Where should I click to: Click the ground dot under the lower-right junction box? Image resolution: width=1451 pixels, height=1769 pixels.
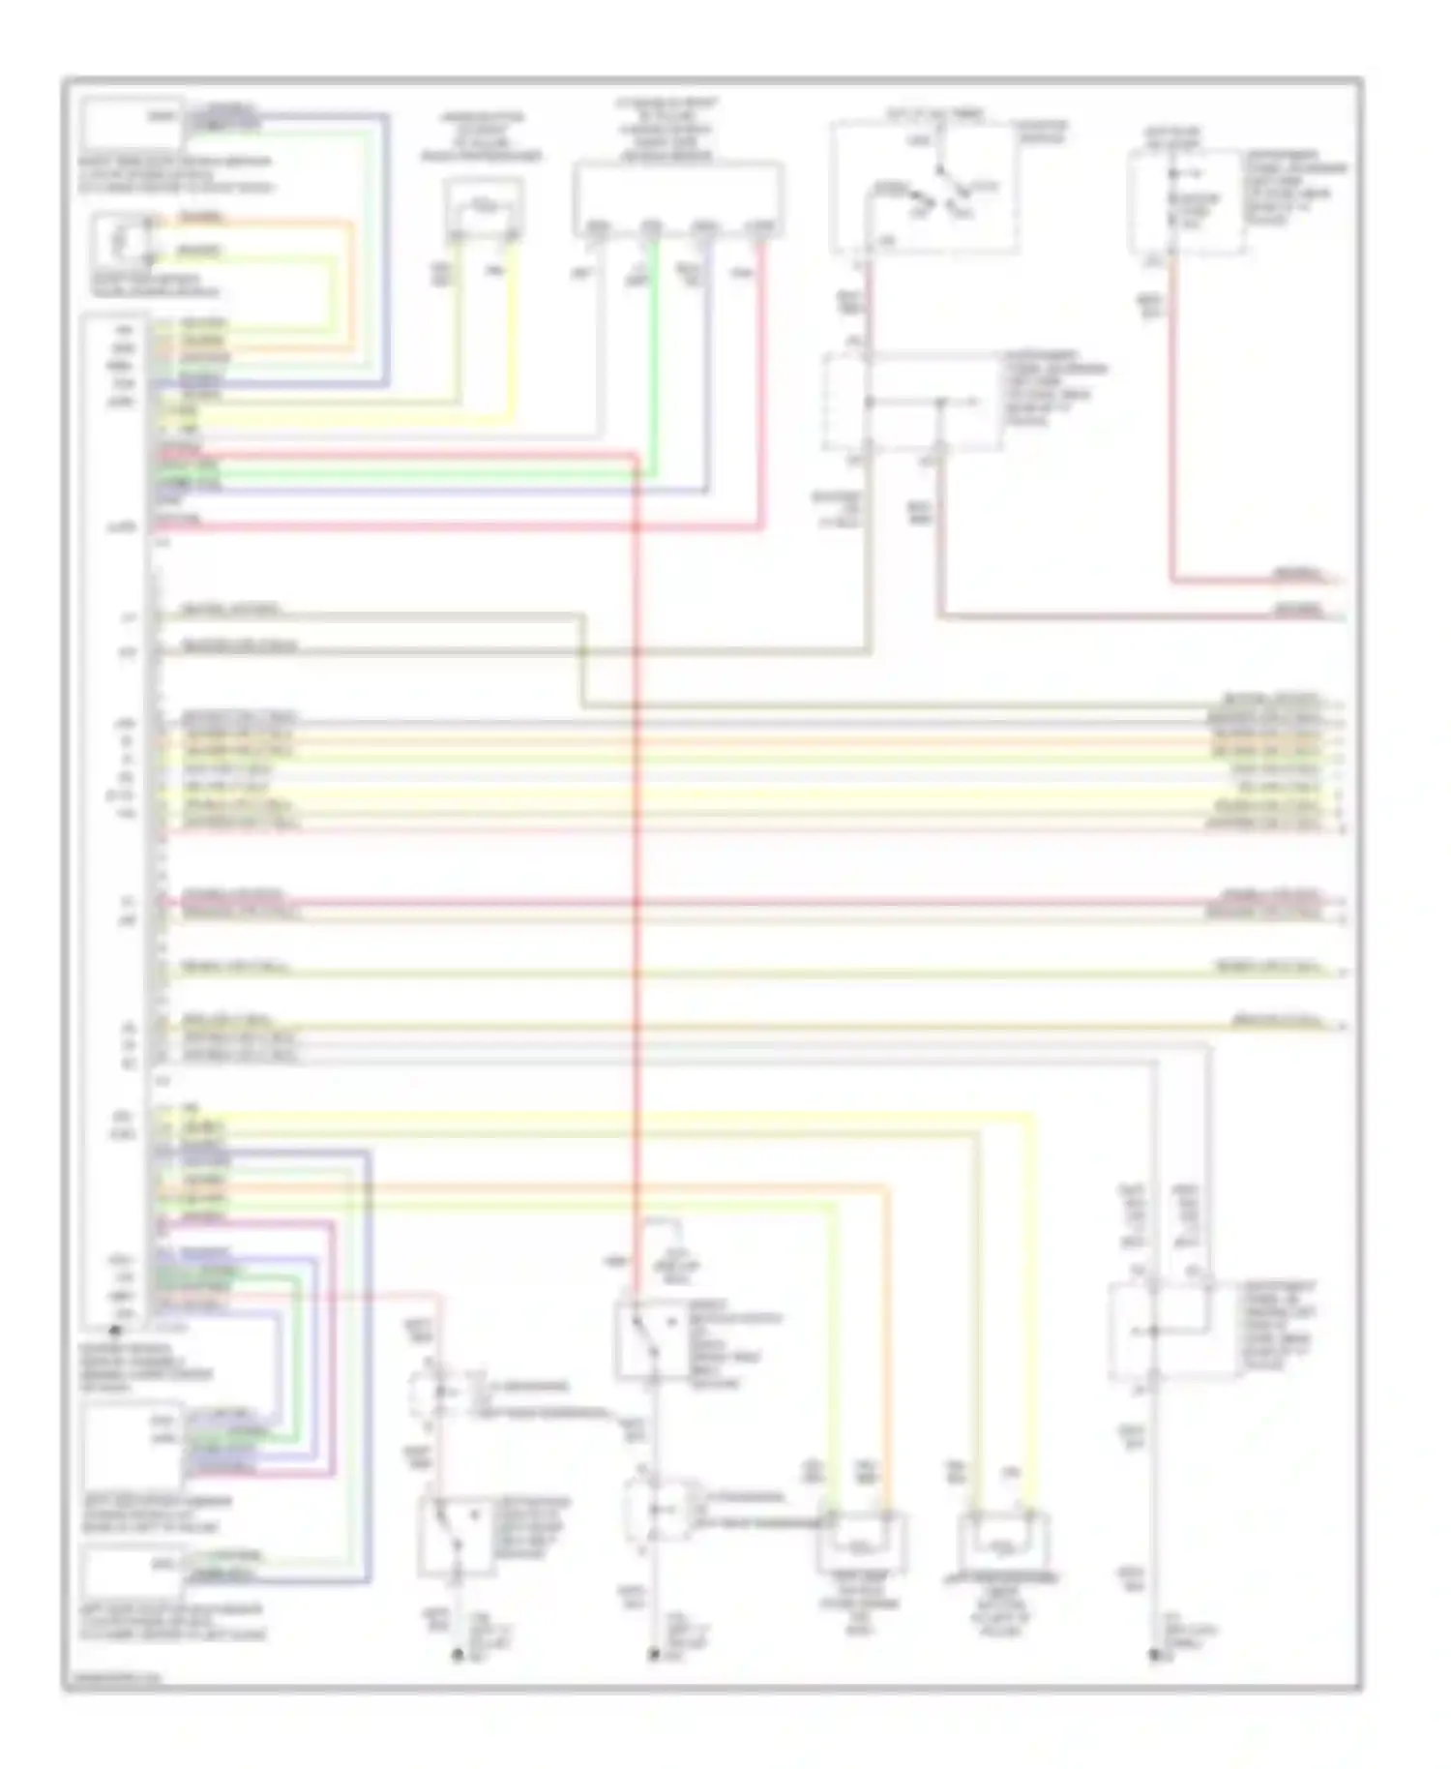coord(1154,1656)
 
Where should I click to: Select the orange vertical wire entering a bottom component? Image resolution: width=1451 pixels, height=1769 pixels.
coord(885,1355)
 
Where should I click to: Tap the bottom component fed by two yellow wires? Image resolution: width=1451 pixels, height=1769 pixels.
coord(1003,1543)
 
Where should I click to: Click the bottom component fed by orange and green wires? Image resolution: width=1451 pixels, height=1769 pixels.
coord(861,1543)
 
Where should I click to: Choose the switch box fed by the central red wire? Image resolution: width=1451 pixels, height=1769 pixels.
coord(651,1339)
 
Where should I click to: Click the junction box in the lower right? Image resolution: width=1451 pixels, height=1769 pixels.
coord(1172,1331)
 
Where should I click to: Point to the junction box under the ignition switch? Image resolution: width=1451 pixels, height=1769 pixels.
coord(909,402)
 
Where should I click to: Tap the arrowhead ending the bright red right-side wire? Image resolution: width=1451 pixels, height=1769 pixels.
coord(1340,580)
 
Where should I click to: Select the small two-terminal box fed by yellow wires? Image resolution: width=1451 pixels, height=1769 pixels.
coord(485,208)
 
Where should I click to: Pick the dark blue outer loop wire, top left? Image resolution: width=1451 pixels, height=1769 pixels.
coord(388,252)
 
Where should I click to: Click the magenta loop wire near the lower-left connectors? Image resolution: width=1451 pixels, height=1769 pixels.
coord(334,1355)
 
